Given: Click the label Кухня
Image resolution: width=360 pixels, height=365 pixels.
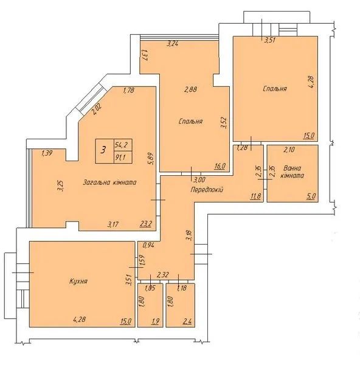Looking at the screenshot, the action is (78, 281).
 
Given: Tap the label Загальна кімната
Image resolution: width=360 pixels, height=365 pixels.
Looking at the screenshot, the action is (109, 182).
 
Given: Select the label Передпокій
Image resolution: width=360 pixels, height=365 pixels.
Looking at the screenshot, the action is (207, 190).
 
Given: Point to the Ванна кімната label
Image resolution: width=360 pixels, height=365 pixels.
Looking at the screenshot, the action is (292, 172).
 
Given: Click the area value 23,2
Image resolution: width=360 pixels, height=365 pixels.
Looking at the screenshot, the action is (146, 224).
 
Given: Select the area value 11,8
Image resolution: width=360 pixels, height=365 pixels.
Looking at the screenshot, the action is (255, 196).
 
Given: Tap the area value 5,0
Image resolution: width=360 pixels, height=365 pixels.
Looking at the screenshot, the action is (311, 196).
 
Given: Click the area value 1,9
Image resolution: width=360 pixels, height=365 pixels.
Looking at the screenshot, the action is (156, 321).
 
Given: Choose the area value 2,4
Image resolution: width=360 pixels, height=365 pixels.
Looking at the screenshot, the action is (187, 321).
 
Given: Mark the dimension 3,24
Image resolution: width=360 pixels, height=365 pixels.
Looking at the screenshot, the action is (173, 44).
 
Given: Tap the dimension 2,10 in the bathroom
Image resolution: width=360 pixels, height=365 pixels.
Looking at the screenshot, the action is (289, 150).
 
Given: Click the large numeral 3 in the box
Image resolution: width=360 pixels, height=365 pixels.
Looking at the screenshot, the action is (103, 150).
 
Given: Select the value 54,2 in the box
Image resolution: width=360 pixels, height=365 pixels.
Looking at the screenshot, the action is (120, 145).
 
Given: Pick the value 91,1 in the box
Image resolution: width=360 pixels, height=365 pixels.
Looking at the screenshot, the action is (120, 158).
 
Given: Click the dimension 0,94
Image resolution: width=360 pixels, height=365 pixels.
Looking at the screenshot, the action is (149, 245).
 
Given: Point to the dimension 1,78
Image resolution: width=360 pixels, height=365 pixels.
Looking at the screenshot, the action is (128, 90).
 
